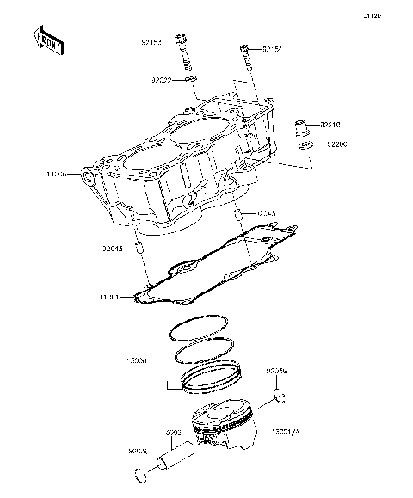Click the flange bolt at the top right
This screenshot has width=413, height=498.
coord(246,57)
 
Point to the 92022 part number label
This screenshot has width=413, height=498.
coord(163,79)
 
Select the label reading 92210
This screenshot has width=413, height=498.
coord(332,125)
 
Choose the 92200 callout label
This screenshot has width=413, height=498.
coord(336,145)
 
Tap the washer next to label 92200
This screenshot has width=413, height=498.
coord(304,146)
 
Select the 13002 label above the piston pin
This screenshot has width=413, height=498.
coord(170,433)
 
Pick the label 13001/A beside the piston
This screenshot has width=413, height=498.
coord(288,432)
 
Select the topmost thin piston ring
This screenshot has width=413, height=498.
coord(200,329)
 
